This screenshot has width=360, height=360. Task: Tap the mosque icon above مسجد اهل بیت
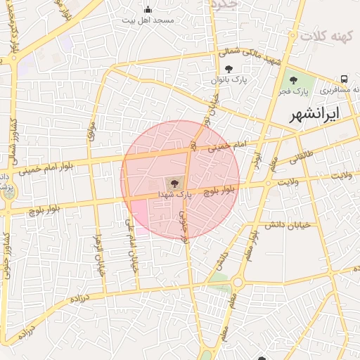tap(148, 10)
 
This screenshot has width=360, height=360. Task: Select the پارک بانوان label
tap(229, 81)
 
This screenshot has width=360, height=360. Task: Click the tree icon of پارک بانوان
tap(229, 69)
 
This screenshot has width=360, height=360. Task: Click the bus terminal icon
tap(345, 79)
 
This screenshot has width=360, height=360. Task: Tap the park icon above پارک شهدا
tap(174, 181)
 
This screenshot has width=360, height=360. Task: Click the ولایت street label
tap(290, 181)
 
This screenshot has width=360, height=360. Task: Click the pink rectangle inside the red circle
tap(139, 215)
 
